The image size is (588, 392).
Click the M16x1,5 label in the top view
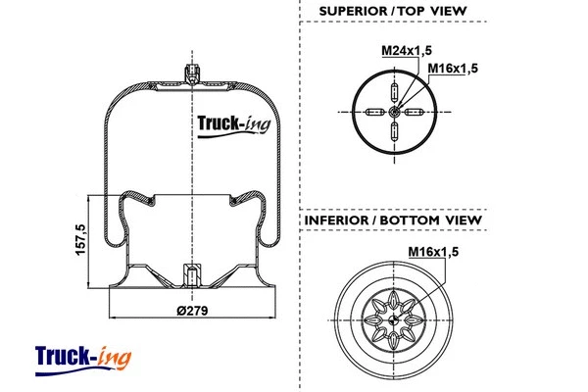click(452, 68)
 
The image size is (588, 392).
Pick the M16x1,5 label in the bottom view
click(434, 254)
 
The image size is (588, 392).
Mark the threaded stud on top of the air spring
click(190, 74)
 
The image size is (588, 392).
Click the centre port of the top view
click(393, 113)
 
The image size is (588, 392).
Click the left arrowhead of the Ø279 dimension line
click(111, 318)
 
